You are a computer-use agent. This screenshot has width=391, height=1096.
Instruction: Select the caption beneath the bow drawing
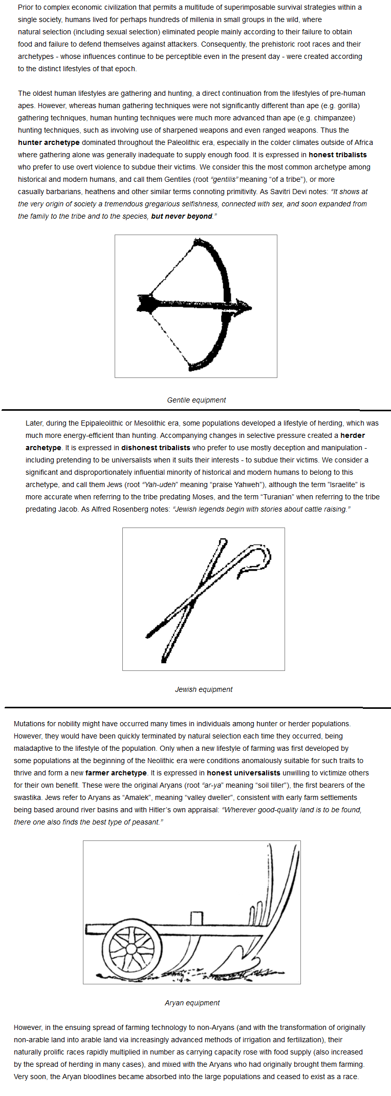[x=196, y=400]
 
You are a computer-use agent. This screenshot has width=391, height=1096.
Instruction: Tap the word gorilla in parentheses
[x=349, y=106]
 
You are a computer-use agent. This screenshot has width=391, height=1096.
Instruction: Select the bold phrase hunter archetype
[x=49, y=142]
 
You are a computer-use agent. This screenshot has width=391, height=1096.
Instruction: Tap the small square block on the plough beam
[x=197, y=917]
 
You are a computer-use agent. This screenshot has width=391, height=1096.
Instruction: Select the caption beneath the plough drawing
[x=192, y=1003]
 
